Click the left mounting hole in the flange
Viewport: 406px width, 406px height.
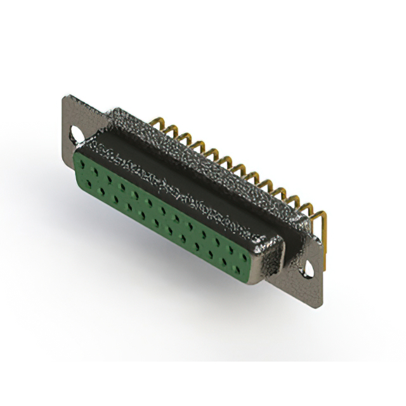77,135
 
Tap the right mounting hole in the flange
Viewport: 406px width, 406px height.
309,268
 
